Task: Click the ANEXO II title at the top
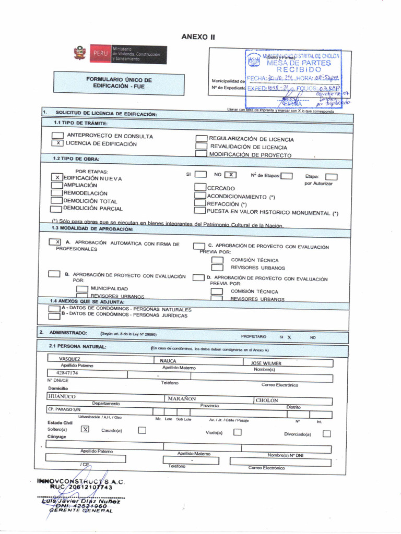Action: point(198,37)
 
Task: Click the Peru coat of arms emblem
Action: point(79,53)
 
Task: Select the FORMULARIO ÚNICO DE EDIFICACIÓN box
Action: point(119,83)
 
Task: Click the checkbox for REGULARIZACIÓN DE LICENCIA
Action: point(201,139)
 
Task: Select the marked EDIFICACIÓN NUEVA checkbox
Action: point(57,178)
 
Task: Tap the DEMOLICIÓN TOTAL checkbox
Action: point(56,201)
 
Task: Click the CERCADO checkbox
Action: point(199,188)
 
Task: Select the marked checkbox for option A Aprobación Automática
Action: point(55,242)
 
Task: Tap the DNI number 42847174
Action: point(67,373)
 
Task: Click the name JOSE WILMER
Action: point(266,363)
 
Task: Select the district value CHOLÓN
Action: point(267,400)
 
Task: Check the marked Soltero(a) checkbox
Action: point(86,429)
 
